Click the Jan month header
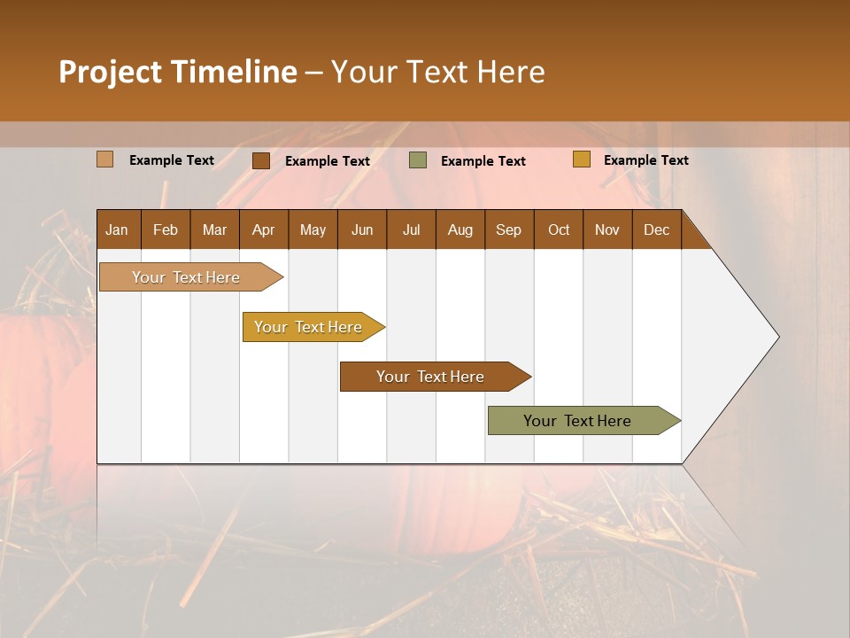point(117,230)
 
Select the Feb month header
point(166,230)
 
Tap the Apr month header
point(263,230)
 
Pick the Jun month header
point(362,230)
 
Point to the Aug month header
point(460,230)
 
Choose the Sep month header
point(508,230)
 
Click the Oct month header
point(559,230)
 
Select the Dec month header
point(656,230)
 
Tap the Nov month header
point(607,230)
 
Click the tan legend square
point(105,159)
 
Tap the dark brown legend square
point(261,160)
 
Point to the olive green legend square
point(418,160)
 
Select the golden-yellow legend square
point(581,159)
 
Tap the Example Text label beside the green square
point(483,161)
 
